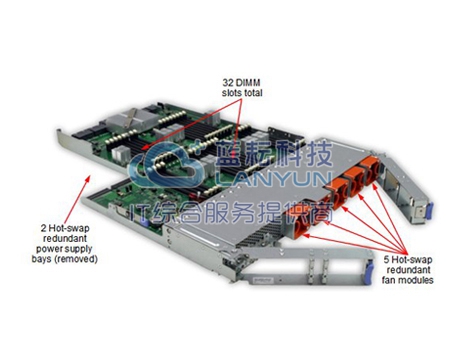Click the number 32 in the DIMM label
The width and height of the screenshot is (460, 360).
pyautogui.click(x=228, y=82)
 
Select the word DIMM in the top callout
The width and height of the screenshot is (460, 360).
pyautogui.click(x=247, y=82)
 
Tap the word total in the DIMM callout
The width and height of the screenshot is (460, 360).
pyautogui.click(x=253, y=93)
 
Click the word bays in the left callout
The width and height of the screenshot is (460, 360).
pyautogui.click(x=42, y=259)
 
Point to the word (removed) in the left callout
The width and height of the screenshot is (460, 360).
pyautogui.click(x=76, y=259)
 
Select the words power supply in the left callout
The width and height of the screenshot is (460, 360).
pyautogui.click(x=64, y=249)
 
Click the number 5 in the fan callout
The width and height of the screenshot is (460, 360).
pyautogui.click(x=386, y=259)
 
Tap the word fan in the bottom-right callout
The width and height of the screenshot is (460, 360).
pyautogui.click(x=388, y=280)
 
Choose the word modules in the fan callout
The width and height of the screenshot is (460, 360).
pyautogui.click(x=415, y=280)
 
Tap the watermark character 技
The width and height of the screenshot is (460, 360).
pyautogui.click(x=318, y=154)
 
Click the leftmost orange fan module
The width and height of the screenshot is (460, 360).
pyautogui.click(x=300, y=223)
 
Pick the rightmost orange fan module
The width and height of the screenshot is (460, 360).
pyautogui.click(x=371, y=170)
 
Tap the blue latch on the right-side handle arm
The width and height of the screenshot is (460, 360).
pyautogui.click(x=429, y=212)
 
